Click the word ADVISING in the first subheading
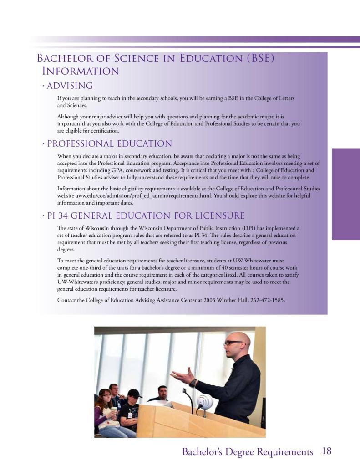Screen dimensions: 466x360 [70, 86]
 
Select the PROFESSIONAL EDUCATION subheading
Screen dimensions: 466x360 [109, 144]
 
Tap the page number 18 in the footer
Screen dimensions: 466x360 [326, 451]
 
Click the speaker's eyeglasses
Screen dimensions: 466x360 [233, 343]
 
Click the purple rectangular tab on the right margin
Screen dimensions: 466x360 [345, 194]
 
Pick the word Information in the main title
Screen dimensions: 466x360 [81, 72]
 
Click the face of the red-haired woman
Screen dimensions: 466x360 [105, 397]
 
